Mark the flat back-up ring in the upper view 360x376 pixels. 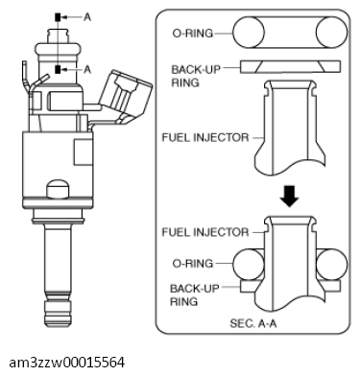[285, 68]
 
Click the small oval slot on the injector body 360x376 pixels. [60, 186]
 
